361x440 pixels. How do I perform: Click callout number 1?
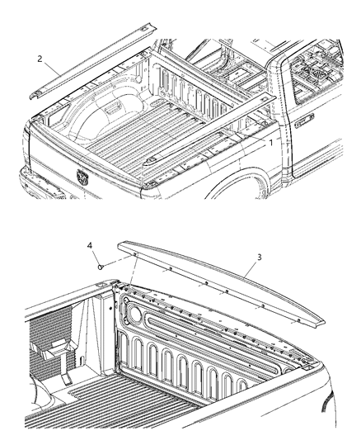pos(270,142)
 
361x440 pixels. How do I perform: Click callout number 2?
pos(40,59)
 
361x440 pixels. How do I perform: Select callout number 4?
pos(91,246)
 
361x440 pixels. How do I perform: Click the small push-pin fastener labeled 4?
pos(99,267)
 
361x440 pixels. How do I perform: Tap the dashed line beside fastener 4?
pos(117,261)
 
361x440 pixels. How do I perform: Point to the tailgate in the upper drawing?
pos(82,165)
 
